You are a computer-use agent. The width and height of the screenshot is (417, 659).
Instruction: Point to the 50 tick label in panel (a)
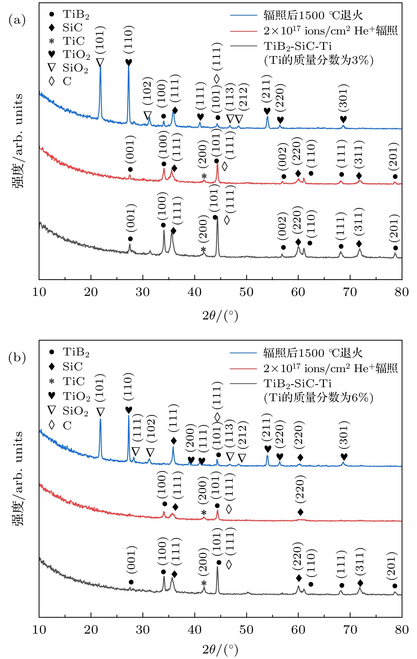coord(246,292)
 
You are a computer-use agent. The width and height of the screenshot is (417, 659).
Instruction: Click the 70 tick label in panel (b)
coord(350,630)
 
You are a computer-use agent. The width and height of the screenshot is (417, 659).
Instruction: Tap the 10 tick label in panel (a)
coord(39,292)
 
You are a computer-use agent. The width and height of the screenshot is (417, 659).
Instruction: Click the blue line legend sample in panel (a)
coord(243,15)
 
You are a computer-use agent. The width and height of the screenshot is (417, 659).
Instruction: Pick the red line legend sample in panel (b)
coord(243,369)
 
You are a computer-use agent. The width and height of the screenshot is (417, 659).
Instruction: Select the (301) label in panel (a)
coord(343,98)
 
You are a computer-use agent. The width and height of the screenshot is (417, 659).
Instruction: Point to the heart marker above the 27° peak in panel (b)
coord(129,410)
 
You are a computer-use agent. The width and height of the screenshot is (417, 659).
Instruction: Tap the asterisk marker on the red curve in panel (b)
coord(203,512)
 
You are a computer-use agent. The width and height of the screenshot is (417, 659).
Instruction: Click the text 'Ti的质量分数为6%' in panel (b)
coord(319,398)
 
